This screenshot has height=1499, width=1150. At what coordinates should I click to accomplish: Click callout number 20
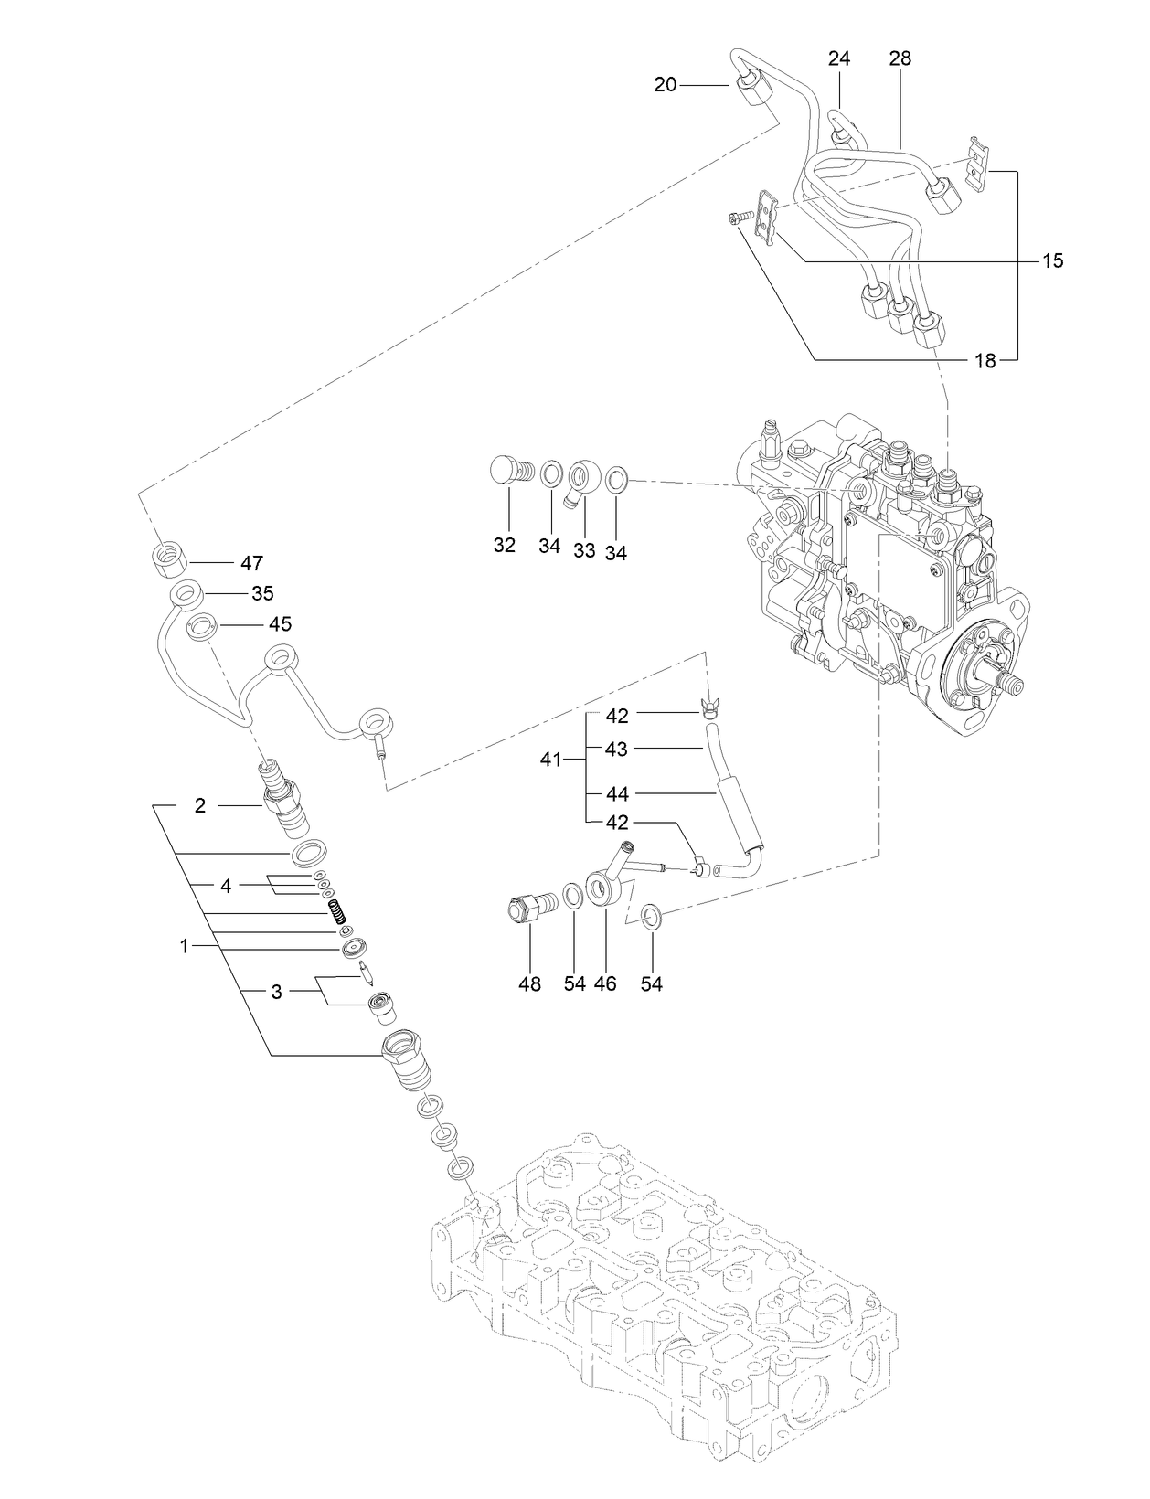point(665,85)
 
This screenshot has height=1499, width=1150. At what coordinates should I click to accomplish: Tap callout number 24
point(838,58)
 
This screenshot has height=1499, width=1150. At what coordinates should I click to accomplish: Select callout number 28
point(900,58)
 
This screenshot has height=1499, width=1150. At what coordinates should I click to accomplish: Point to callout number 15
point(1052,261)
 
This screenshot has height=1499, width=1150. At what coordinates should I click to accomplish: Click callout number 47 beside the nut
point(251,563)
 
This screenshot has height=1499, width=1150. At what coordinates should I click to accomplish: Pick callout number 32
point(505,546)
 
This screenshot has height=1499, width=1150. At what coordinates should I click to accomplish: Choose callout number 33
point(584,550)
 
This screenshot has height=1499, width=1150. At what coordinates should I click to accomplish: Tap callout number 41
point(551,759)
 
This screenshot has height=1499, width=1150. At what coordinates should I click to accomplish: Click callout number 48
point(529,984)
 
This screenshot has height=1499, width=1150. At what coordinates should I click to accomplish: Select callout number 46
point(605,984)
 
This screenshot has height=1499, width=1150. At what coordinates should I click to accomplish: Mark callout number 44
point(617,794)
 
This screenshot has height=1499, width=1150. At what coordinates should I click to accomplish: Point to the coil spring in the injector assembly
point(336,911)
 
